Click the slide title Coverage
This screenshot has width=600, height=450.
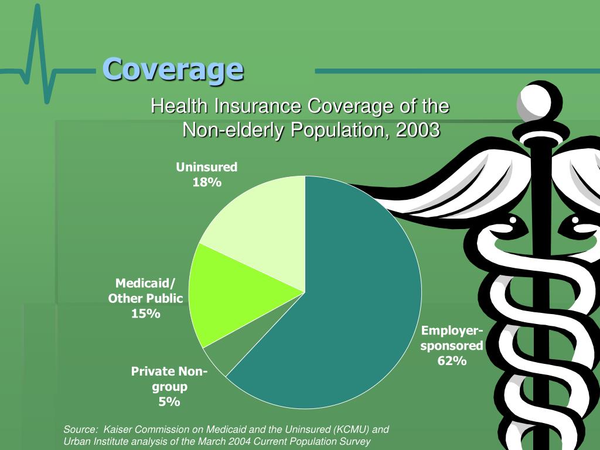click(173, 70)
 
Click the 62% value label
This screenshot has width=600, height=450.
click(452, 361)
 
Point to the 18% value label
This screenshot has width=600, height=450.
click(207, 182)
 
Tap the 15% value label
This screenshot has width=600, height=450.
click(145, 313)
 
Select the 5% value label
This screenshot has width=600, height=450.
click(169, 402)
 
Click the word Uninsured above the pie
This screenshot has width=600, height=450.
click(207, 167)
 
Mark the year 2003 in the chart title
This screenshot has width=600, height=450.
click(418, 130)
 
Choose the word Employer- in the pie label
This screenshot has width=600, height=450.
click(452, 330)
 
